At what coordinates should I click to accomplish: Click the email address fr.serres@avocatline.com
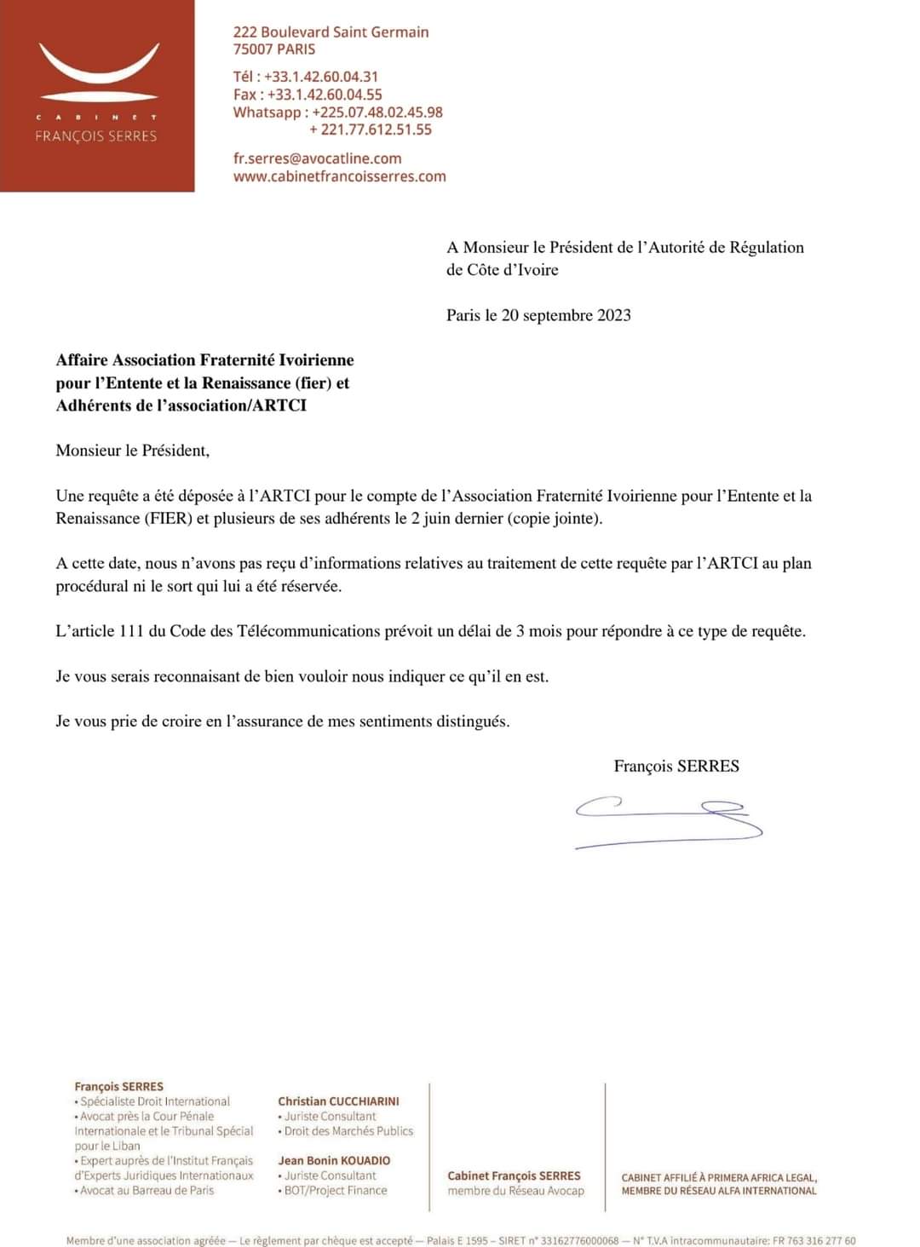tap(317, 158)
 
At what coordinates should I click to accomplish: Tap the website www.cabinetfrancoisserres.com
tap(339, 176)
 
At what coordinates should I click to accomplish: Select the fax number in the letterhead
tap(325, 95)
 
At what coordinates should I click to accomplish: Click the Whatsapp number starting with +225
tap(377, 112)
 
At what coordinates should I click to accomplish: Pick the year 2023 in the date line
tap(613, 315)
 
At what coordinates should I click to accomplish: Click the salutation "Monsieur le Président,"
tap(132, 451)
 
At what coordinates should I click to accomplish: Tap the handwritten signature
tap(669, 821)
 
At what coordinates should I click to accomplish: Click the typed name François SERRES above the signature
tap(676, 767)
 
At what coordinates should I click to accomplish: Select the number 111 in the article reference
tap(127, 631)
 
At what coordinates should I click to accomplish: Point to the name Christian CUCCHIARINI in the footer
tap(338, 1101)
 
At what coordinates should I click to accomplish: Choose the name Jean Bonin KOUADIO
tap(334, 1161)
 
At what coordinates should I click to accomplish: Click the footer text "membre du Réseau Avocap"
tap(515, 1191)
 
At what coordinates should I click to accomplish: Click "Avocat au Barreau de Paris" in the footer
tap(147, 1191)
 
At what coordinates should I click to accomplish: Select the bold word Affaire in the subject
tap(82, 360)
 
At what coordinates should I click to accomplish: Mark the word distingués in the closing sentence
tap(473, 721)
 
